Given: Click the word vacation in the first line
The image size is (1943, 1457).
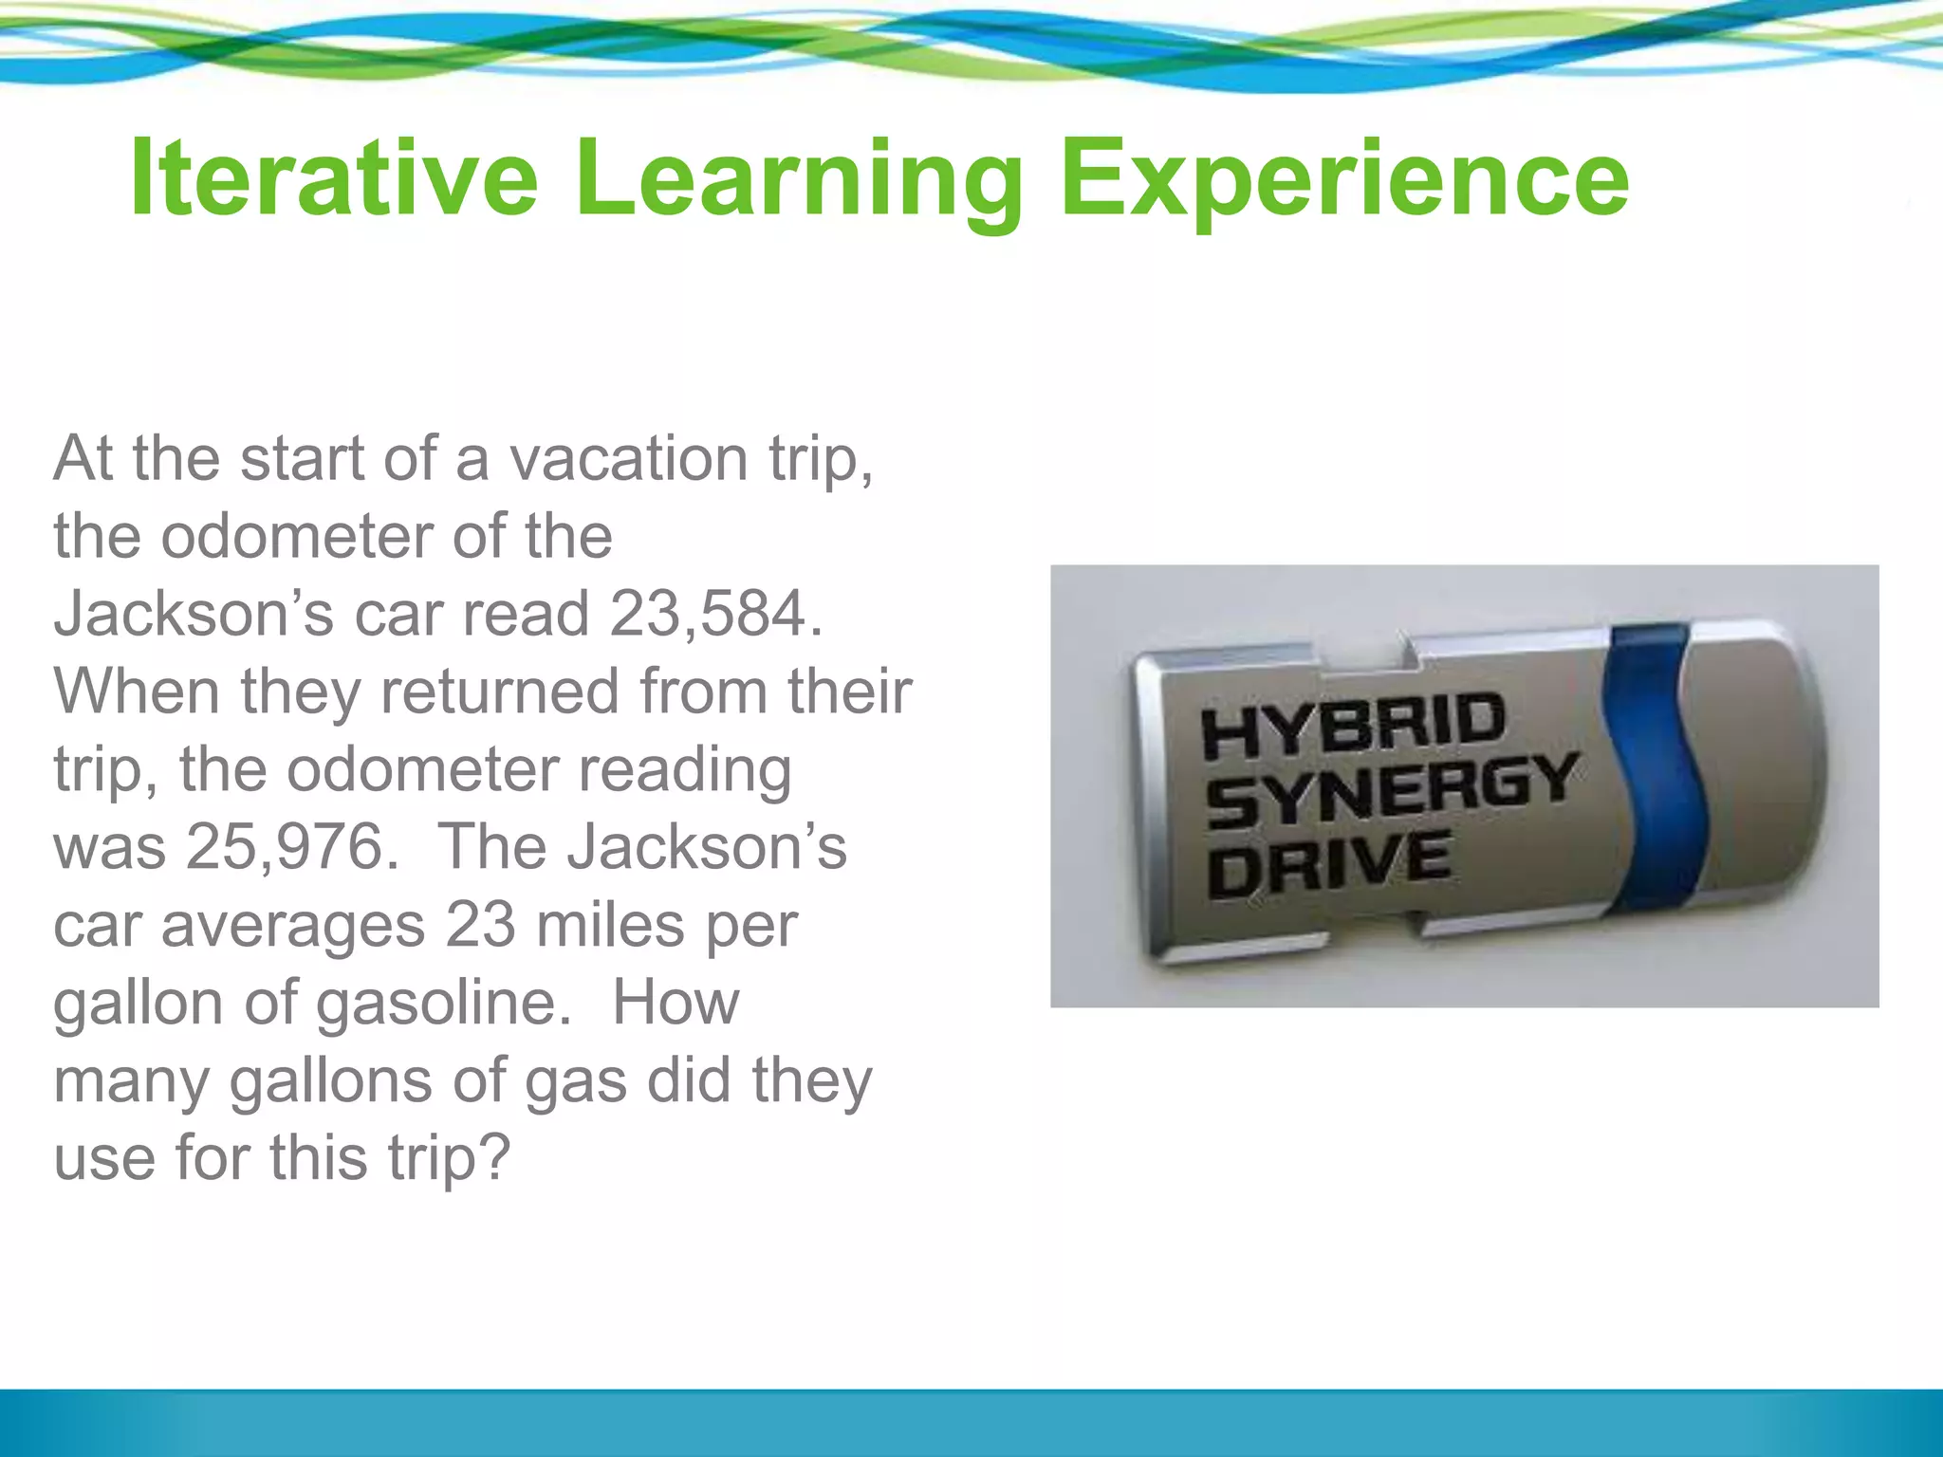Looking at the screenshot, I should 629,458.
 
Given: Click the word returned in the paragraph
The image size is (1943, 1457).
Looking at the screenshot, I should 499,691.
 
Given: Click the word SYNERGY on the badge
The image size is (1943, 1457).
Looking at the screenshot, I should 1391,789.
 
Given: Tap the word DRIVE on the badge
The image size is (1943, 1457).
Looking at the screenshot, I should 1329,863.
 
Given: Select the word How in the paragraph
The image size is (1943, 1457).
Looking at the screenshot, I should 675,1002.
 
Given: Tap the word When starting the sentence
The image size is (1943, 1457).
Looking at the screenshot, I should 137,691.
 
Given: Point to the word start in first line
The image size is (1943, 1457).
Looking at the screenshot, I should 302,458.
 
